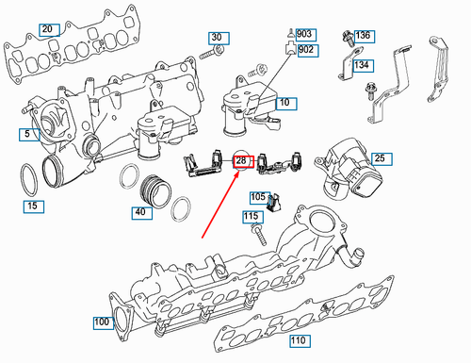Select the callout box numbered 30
[218, 38]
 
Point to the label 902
[306, 49]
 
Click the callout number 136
[363, 36]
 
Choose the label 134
[362, 65]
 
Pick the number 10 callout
[284, 101]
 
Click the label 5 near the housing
[27, 134]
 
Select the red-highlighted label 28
[241, 161]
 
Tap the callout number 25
[379, 158]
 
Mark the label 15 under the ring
[33, 205]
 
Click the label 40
[140, 212]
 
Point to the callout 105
[258, 197]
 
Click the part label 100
[102, 323]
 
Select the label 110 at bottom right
[299, 339]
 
